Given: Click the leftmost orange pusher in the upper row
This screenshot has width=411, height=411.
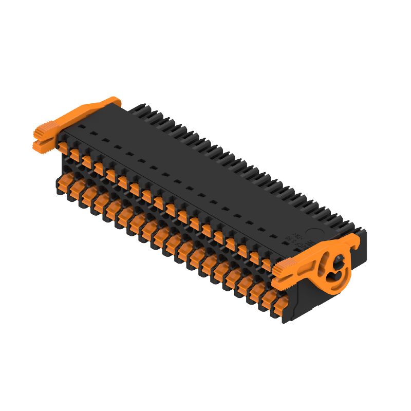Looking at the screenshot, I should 64,147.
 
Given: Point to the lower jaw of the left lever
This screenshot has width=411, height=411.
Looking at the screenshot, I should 42,146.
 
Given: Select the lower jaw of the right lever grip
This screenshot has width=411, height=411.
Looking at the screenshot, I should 282,282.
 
